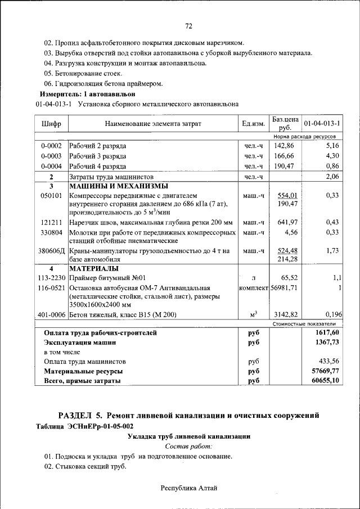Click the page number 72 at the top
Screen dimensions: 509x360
pos(189,26)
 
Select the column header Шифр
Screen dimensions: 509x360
pos(51,124)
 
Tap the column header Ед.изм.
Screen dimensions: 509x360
pos(253,124)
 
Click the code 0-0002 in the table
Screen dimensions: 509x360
pos(51,146)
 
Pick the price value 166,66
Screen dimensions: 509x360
pos(285,156)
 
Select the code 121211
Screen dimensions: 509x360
pos(51,222)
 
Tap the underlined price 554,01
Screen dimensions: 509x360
pos(287,195)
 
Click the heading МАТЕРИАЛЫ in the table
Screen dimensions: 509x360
pos(93,268)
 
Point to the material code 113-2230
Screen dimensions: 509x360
pos(52,278)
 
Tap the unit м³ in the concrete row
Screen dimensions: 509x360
pos(253,314)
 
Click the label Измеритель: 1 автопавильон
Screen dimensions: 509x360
pos(88,93)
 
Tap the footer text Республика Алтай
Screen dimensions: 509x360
pos(189,488)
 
